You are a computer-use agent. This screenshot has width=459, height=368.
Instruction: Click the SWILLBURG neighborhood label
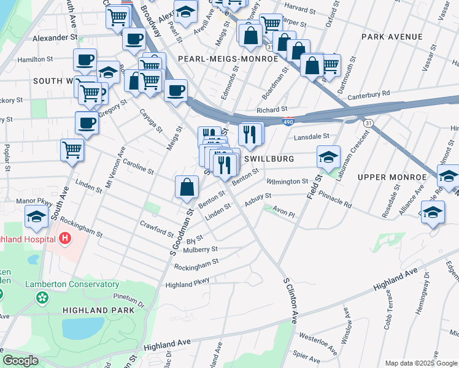pyautogui.click(x=269, y=159)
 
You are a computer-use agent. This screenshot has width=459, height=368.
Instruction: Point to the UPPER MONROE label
pyautogui.click(x=392, y=177)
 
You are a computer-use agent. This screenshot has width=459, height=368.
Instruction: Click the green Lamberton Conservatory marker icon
pyautogui.click(x=42, y=298)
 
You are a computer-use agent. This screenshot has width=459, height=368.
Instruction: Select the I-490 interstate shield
pyautogui.click(x=288, y=122)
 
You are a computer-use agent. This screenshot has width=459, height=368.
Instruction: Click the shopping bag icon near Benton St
pyautogui.click(x=187, y=187)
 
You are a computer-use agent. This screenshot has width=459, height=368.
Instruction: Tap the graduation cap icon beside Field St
pyautogui.click(x=328, y=157)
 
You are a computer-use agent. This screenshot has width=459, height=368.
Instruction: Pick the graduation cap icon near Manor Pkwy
pyautogui.click(x=36, y=216)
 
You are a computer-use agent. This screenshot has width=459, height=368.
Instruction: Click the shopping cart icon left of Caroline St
pyautogui.click(x=72, y=149)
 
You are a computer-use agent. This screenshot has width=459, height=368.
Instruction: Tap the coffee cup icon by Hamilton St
pyautogui.click(x=85, y=60)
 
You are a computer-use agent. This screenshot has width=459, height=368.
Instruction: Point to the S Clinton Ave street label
pyautogui.click(x=290, y=300)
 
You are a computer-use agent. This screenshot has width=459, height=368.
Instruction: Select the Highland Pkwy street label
pyautogui.click(x=187, y=282)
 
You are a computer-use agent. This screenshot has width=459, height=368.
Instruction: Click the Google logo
pyautogui.click(x=21, y=361)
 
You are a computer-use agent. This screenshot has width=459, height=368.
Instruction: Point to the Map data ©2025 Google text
pyautogui.click(x=420, y=362)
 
